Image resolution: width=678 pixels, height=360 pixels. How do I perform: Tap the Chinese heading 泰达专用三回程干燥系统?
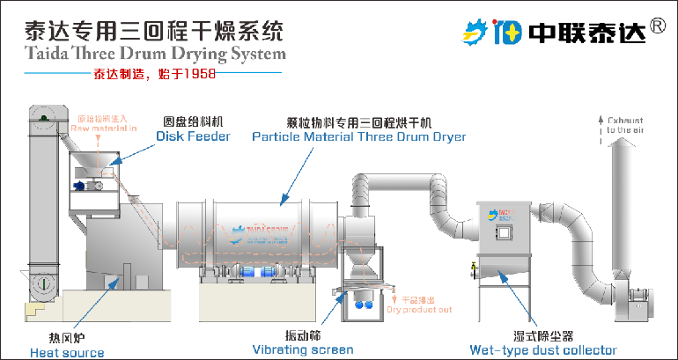click(144, 32)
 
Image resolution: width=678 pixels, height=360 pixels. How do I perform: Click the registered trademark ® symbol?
click(657, 26)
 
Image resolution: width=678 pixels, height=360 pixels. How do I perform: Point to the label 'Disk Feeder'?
click(193, 136)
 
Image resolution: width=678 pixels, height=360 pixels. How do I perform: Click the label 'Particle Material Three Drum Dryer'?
click(359, 136)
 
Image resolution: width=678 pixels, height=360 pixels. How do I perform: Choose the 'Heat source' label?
click(67, 352)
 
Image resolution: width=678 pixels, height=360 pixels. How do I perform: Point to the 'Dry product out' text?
click(419, 310)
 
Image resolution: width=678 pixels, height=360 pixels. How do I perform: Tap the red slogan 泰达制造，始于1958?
click(154, 75)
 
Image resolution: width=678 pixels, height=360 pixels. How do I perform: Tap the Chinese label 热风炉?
click(66, 337)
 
